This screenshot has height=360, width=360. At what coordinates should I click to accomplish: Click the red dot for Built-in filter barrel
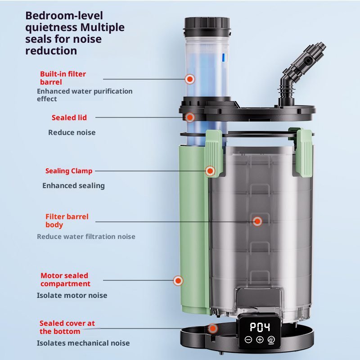[x=190, y=79]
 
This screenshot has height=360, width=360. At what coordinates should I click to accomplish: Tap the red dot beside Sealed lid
[x=189, y=117]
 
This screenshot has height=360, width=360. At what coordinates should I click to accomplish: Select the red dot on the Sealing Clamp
[x=210, y=171]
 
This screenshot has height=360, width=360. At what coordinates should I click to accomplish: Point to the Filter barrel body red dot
[x=257, y=221]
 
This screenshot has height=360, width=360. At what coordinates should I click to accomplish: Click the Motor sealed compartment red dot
[x=178, y=280]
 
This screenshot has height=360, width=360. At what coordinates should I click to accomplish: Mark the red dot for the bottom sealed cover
[x=213, y=328]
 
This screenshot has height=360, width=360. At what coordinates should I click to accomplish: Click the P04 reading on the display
[x=260, y=327]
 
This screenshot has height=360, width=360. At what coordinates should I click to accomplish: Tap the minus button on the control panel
[x=248, y=340]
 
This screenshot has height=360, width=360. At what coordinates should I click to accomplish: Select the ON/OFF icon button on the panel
[x=271, y=340]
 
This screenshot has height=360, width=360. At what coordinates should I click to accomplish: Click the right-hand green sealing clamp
[x=303, y=152]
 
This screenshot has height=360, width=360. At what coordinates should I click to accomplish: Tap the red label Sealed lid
[x=69, y=117]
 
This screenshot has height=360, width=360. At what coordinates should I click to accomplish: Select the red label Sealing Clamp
[x=69, y=171]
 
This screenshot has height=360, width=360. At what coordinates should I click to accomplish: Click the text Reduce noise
[x=72, y=132]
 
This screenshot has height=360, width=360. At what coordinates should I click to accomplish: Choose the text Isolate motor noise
[x=72, y=295]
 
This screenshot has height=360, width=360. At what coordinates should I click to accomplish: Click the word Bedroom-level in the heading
[x=64, y=16]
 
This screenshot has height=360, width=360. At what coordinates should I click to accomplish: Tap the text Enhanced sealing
[x=73, y=186]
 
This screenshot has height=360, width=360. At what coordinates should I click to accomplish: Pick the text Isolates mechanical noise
[x=83, y=343]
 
